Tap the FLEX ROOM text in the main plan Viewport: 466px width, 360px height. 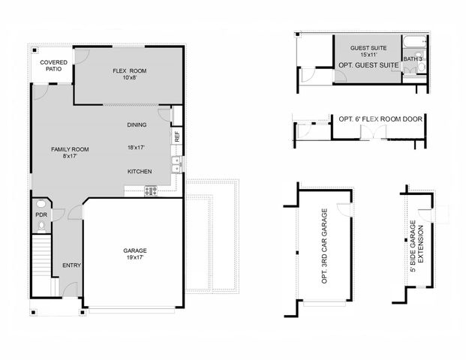tap(130, 71)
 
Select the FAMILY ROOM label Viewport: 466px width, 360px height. tap(70, 149)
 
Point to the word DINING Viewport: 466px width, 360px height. tap(137, 125)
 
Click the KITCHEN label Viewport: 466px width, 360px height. tap(140, 172)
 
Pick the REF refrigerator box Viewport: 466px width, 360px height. tap(176, 136)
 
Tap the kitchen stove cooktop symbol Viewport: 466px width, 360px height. tap(150, 190)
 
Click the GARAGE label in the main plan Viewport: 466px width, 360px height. tap(135, 250)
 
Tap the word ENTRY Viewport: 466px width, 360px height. tap(71, 265)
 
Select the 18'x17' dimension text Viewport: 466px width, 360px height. tap(136, 148)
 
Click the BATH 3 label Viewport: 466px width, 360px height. tap(412, 58)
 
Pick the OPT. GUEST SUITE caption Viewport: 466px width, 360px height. tap(368, 65)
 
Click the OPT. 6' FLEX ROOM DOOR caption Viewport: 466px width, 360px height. tap(380, 119)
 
